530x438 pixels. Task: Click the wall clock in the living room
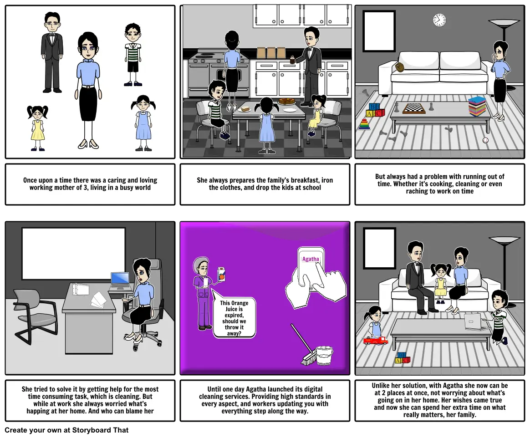tap(439, 20)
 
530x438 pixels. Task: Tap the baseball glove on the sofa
tap(400, 66)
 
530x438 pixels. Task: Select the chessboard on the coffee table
tap(414, 108)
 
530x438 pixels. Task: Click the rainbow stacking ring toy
tap(364, 124)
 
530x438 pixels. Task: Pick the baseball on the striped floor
tap(485, 140)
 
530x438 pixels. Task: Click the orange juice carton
tap(221, 274)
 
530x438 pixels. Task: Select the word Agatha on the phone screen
tap(310, 259)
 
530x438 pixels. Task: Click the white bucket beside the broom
tap(324, 356)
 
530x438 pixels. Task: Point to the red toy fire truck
tap(375, 340)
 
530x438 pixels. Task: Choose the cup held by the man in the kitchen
tap(292, 60)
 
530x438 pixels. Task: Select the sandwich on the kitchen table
tap(243, 108)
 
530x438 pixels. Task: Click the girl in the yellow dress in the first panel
tap(37, 128)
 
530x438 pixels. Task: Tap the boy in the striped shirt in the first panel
tap(132, 55)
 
